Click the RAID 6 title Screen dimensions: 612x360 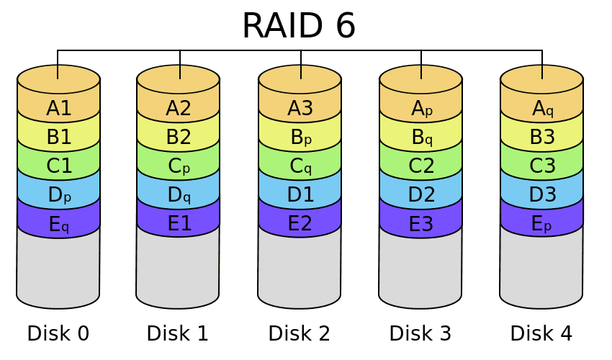299,25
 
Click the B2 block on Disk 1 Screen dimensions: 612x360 179,137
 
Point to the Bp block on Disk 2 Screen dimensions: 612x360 300,137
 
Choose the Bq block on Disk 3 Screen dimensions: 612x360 421,137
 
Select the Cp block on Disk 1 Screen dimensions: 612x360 179,166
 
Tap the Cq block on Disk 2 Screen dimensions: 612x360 300,166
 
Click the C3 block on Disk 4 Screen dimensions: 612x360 542,166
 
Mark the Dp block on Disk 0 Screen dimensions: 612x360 58,194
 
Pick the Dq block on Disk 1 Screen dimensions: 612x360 179,194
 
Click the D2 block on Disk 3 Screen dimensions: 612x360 421,194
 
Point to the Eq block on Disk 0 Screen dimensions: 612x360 58,223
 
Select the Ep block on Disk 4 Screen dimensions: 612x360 542,223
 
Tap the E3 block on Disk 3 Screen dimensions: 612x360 421,223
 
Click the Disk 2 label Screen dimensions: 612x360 299,333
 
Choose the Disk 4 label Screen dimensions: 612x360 541,333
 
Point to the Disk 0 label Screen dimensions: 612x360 58,333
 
